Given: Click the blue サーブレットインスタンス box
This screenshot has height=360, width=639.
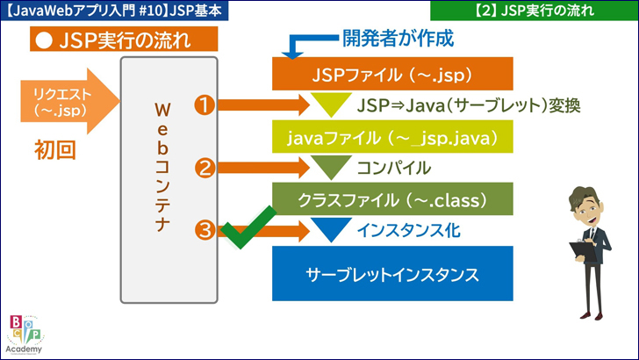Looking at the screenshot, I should pyautogui.click(x=391, y=273).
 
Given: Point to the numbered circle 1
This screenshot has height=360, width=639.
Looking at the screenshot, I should pyautogui.click(x=205, y=105).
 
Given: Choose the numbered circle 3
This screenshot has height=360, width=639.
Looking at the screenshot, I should pyautogui.click(x=205, y=231).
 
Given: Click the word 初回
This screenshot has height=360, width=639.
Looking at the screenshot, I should pyautogui.click(x=55, y=149).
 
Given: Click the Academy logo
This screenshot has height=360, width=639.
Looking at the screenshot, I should pyautogui.click(x=27, y=334).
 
